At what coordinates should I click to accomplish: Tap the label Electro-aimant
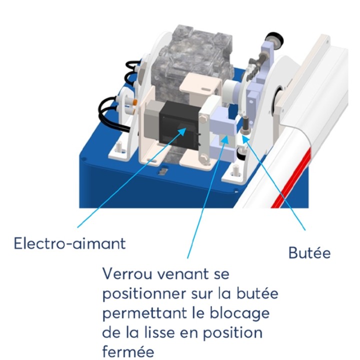[69, 244]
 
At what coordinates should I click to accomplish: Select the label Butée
[309, 253]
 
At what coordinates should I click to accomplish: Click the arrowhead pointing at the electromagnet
[185, 130]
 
